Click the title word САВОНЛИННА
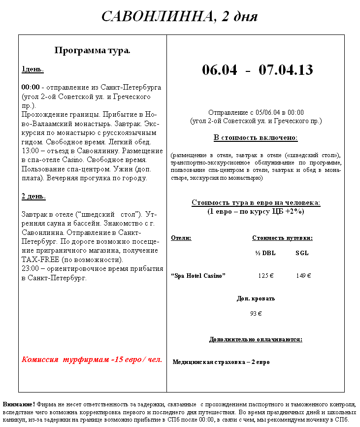157,16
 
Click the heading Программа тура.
92,50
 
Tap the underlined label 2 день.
33,196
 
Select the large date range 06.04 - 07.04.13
257,69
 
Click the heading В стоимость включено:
256,137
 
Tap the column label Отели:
181,238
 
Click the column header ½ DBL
265,253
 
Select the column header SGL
302,253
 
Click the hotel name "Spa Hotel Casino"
198,276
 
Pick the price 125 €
266,276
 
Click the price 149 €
303,276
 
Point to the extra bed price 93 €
256,313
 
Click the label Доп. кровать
256,298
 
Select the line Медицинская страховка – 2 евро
221,362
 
